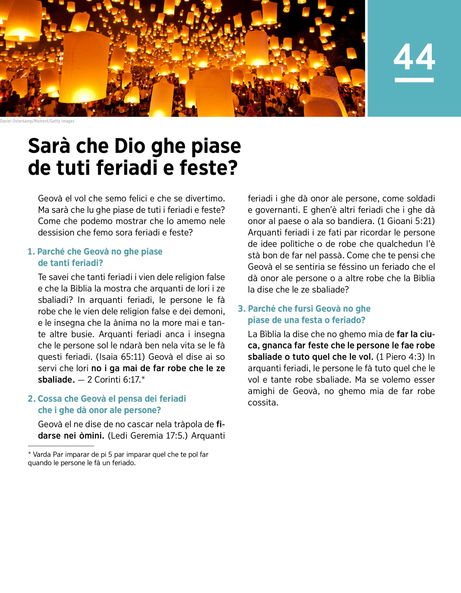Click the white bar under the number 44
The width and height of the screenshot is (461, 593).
(x=414, y=80)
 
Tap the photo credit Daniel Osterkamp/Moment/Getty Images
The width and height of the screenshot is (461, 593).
(x=37, y=121)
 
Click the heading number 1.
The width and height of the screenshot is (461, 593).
(x=31, y=252)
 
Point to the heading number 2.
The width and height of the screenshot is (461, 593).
(x=32, y=399)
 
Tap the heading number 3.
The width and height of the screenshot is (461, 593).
(x=242, y=309)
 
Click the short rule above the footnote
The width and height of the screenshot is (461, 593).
(x=61, y=446)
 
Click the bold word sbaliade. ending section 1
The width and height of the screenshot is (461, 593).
(x=56, y=380)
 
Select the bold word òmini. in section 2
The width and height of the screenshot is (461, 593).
(x=91, y=436)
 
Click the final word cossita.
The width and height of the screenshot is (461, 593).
(x=263, y=403)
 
